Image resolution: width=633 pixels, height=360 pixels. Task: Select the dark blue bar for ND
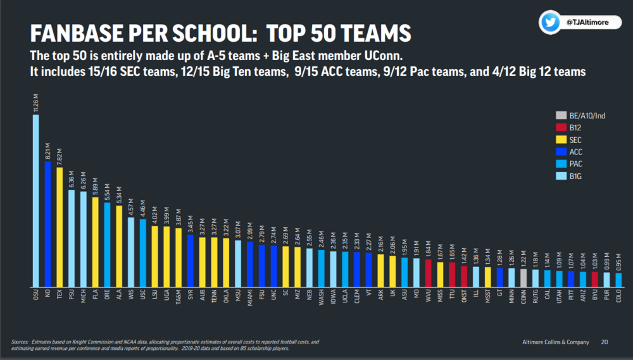coord(47,224)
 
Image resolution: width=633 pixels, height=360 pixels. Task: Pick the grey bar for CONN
coord(523,278)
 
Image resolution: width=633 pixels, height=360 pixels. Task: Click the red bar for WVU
coord(429,273)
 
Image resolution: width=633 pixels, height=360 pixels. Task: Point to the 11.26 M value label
coord(36,102)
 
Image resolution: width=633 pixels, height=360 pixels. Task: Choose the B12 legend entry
coord(571,127)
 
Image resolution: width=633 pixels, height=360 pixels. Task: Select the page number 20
coord(605,342)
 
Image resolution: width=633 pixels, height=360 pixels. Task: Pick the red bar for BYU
coord(595,279)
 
